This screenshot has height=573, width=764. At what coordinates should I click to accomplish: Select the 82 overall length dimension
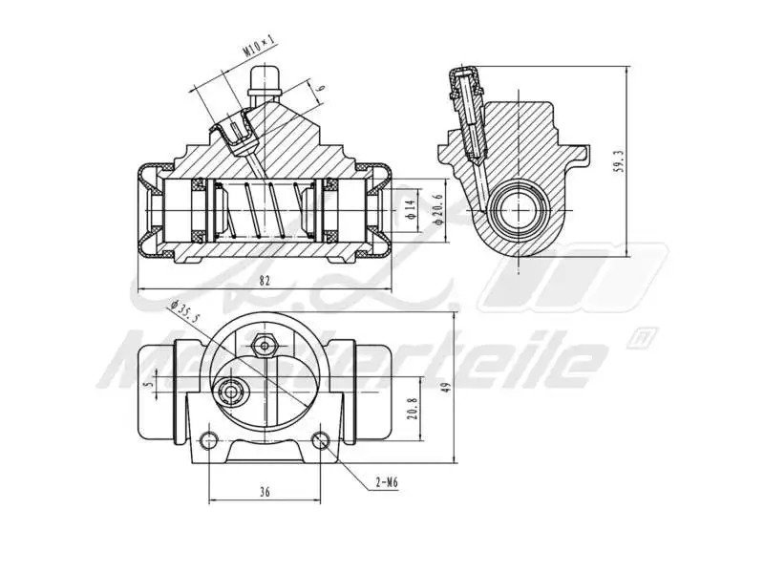(265, 280)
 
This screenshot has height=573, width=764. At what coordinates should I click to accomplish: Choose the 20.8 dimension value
(412, 409)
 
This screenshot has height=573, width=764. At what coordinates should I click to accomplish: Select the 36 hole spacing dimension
(265, 492)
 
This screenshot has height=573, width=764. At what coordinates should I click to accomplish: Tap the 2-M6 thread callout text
(386, 482)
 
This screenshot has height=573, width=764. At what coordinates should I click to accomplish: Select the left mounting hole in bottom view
(211, 439)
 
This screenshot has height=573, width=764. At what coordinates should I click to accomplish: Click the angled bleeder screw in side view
(468, 110)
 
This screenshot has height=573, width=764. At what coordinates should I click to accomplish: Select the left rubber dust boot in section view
(149, 210)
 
